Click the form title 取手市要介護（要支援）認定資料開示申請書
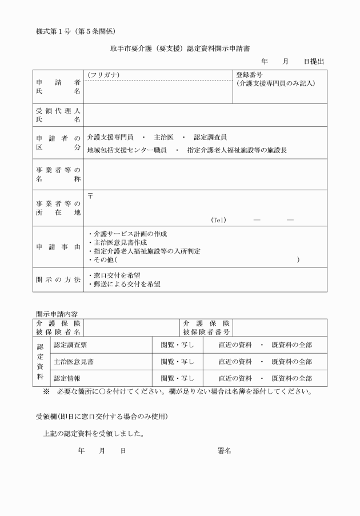click(179, 50)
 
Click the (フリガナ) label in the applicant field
click(103, 75)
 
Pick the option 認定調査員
click(210, 138)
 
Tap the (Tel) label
click(219, 220)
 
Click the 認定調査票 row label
click(70, 345)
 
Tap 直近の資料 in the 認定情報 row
click(235, 378)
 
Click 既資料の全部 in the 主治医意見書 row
click(291, 362)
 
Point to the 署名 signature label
click(224, 451)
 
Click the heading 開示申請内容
click(57, 314)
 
